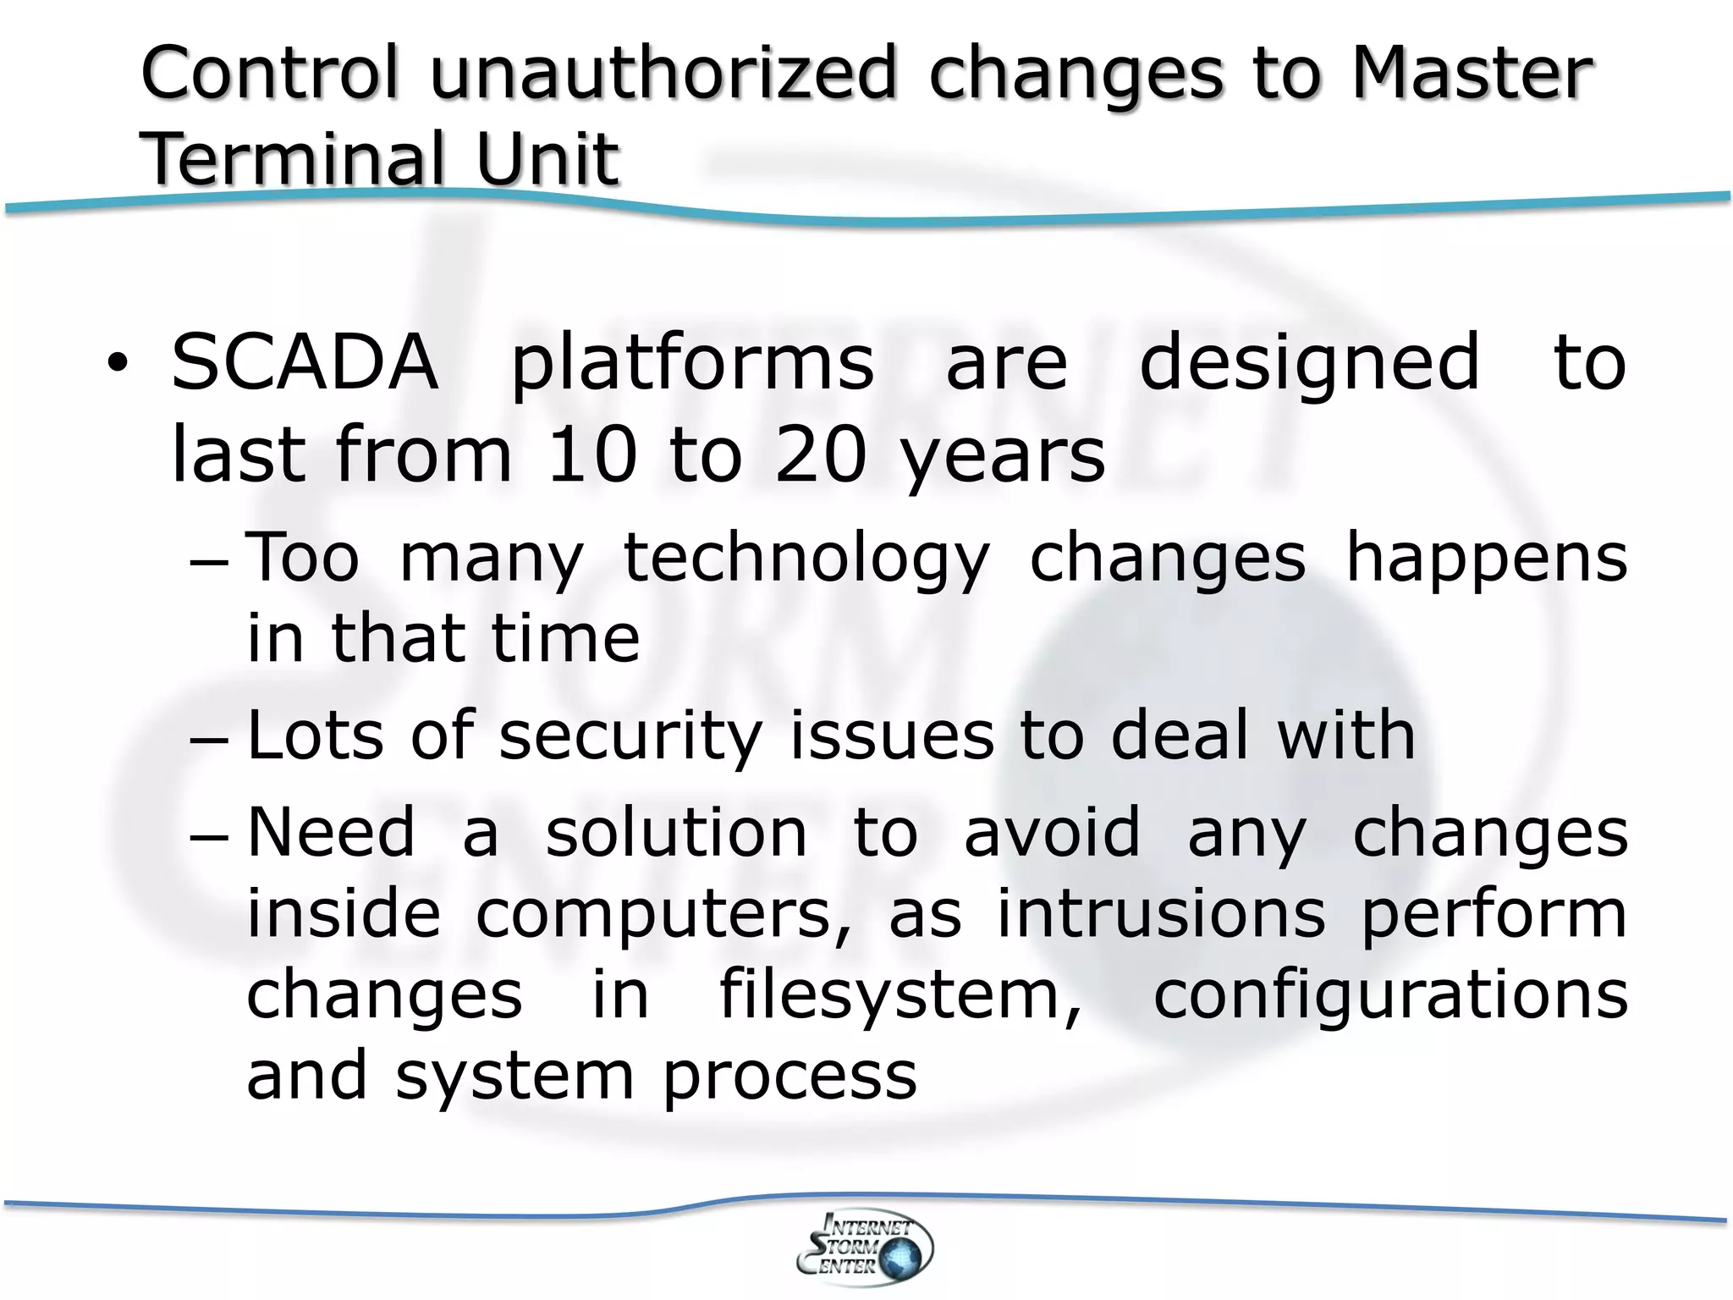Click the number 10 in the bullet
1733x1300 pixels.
tap(591, 454)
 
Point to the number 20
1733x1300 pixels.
tap(821, 454)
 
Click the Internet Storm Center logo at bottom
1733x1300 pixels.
tap(865, 1247)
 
